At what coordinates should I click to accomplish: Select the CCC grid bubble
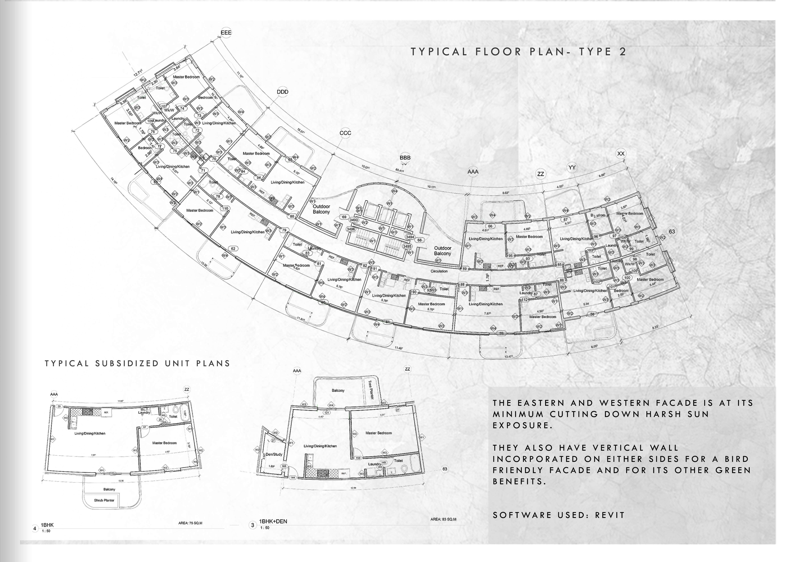tap(345, 133)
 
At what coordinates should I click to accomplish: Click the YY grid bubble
tap(572, 167)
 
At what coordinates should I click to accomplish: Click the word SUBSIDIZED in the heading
tap(127, 364)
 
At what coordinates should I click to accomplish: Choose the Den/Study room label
tap(274, 454)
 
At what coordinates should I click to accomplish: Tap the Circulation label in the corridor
tap(439, 271)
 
